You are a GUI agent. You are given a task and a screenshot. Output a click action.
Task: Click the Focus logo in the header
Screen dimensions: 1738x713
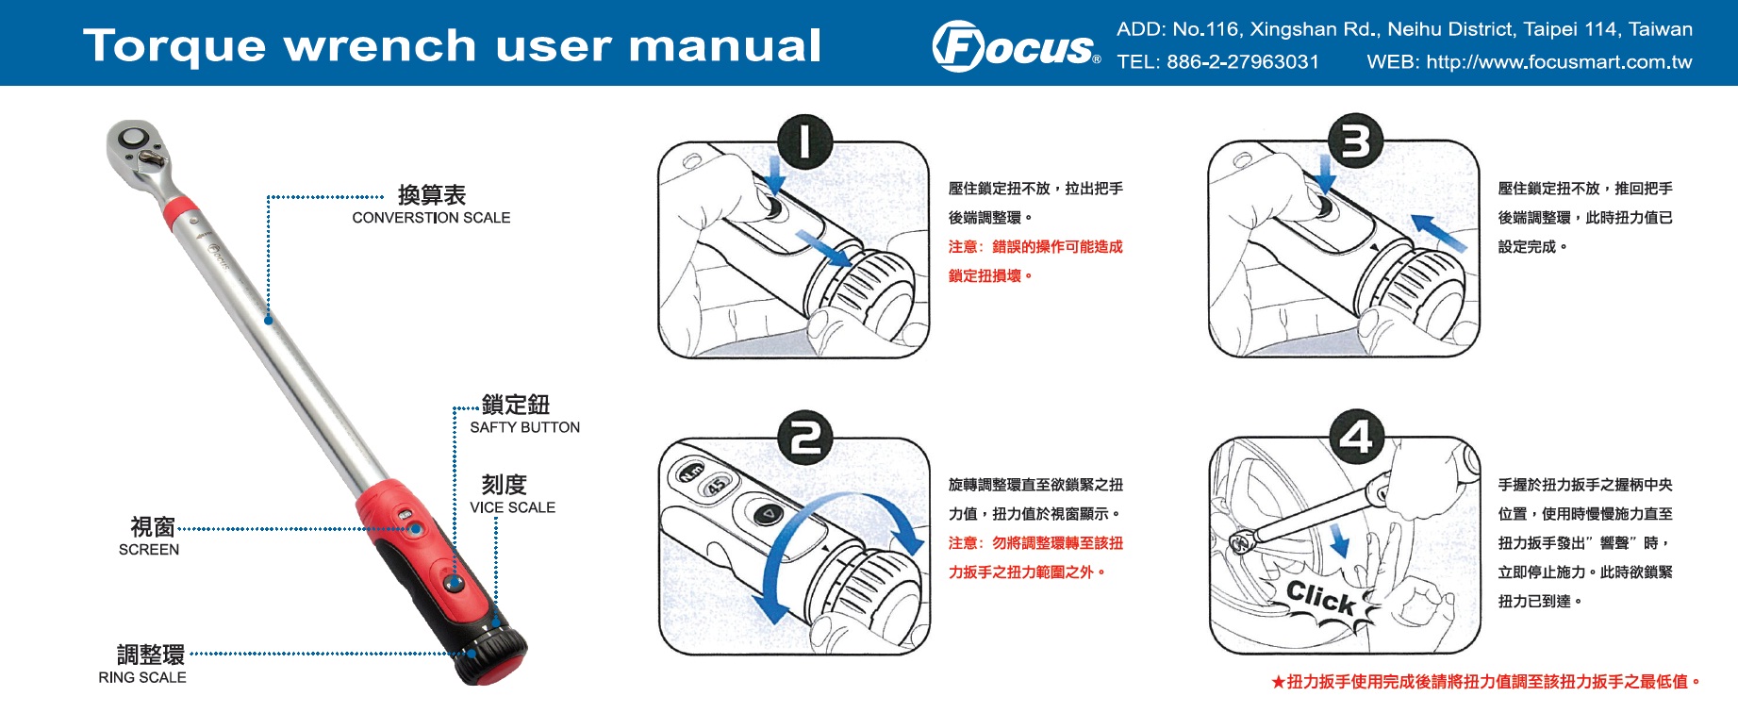click(x=1016, y=46)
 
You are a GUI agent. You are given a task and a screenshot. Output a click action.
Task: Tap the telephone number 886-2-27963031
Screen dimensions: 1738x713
click(x=1243, y=62)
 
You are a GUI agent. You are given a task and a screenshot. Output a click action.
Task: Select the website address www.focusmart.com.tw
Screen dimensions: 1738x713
click(x=1559, y=62)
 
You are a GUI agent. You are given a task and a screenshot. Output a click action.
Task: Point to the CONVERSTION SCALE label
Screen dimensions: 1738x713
click(x=431, y=218)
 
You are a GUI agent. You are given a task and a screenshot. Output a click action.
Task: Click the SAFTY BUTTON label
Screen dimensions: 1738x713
click(x=525, y=427)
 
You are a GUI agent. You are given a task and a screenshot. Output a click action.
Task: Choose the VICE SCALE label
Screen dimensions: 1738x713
click(x=513, y=507)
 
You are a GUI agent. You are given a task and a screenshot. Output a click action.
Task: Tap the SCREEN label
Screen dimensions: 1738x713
click(x=149, y=550)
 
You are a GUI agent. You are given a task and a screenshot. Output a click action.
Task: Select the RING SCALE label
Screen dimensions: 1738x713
click(x=142, y=677)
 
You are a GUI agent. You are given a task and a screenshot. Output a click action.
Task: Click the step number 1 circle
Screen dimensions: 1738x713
click(x=804, y=142)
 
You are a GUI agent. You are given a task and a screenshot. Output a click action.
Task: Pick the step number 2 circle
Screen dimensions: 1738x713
click(x=804, y=438)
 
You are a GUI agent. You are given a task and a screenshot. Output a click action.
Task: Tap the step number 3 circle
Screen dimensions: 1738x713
click(x=1355, y=142)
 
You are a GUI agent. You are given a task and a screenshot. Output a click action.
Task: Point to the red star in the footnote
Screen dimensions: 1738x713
click(x=1278, y=682)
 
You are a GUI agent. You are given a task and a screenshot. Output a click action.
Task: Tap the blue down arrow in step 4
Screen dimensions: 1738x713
click(x=1338, y=541)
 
